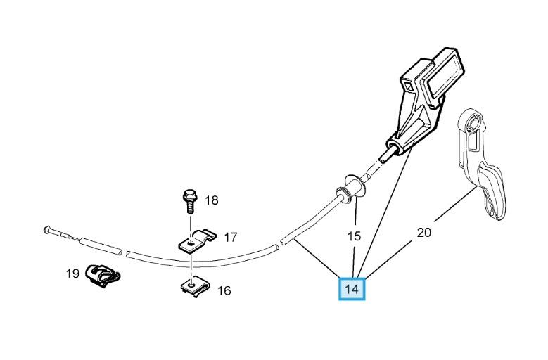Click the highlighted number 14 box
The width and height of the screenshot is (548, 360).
click(352, 289)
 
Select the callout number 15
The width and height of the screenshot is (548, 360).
click(354, 236)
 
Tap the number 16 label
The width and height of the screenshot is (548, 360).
click(224, 290)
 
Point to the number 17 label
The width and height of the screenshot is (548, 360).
click(230, 238)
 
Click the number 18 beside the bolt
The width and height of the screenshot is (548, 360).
click(212, 200)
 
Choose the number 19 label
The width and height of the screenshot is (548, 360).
click(72, 274)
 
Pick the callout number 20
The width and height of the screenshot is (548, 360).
click(424, 232)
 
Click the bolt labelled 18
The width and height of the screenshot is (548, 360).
click(190, 202)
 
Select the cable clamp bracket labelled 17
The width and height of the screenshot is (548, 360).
click(196, 240)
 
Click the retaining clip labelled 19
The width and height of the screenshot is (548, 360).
click(103, 276)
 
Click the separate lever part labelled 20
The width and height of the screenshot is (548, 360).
click(481, 164)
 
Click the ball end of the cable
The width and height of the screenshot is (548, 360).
click(47, 229)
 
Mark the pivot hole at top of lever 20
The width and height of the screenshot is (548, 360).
click(473, 124)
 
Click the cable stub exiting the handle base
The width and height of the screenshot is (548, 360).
click(388, 154)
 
